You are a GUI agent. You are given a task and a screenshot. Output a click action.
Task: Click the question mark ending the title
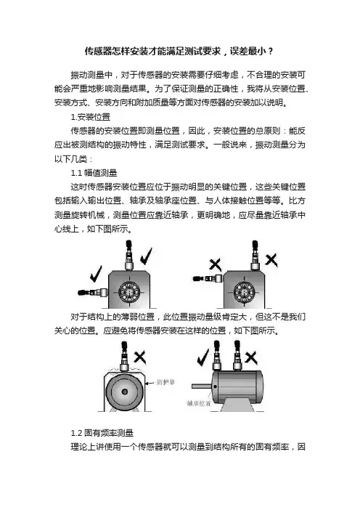click(x=271, y=51)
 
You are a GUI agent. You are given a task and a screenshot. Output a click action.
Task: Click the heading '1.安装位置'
click(x=91, y=117)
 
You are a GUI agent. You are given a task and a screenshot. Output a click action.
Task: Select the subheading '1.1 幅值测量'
click(x=94, y=173)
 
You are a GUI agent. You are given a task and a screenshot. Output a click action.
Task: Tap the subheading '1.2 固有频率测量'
click(x=102, y=433)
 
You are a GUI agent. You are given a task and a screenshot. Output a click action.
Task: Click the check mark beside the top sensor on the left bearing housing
click(x=146, y=256)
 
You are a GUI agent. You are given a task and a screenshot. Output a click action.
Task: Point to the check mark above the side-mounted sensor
click(x=96, y=274)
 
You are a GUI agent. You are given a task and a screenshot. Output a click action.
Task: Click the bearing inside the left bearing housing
click(x=129, y=291)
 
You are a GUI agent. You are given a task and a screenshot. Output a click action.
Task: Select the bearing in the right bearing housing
click(x=245, y=291)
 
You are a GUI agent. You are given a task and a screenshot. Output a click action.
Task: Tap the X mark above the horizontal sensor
click(x=215, y=264)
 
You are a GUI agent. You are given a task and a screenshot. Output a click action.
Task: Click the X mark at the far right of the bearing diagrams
click(x=271, y=261)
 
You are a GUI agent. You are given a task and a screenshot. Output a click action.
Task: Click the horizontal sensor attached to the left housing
click(x=93, y=292)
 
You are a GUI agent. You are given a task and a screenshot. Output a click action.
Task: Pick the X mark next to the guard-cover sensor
click(x=140, y=357)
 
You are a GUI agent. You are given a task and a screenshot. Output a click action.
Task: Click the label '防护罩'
click(x=165, y=381)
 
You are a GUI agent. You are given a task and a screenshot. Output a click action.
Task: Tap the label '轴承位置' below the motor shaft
click(x=199, y=403)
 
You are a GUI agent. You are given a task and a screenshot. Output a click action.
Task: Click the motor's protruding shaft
click(x=202, y=386)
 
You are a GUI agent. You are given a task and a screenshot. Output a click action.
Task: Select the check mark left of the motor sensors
click(x=203, y=357)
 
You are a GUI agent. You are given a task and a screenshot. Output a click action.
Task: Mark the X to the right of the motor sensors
click(x=251, y=357)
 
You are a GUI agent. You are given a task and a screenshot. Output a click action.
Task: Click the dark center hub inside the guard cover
click(x=124, y=392)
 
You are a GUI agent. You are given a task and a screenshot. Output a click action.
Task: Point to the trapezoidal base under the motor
click(x=237, y=405)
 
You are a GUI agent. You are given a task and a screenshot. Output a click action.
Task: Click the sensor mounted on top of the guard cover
click(x=124, y=356)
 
